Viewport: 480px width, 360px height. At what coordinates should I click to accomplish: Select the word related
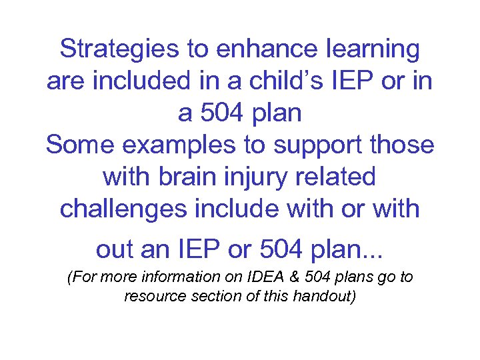[x=340, y=177]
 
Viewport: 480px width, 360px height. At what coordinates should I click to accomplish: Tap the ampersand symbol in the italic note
[x=265, y=277]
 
